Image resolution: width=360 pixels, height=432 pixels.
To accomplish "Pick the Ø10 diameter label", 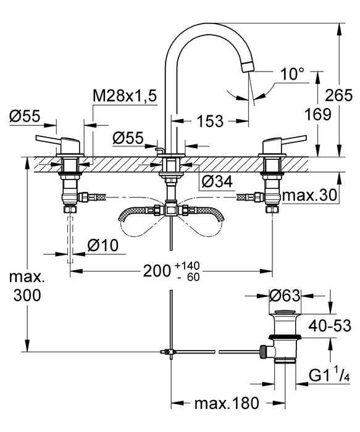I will click(103, 245).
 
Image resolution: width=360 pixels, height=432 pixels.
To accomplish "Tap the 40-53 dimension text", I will click(333, 325).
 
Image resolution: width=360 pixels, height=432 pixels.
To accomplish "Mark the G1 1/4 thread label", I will click(330, 375).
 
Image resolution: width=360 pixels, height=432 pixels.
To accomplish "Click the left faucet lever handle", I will click(52, 138).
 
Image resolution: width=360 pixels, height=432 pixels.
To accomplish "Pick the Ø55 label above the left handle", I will click(25, 115).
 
